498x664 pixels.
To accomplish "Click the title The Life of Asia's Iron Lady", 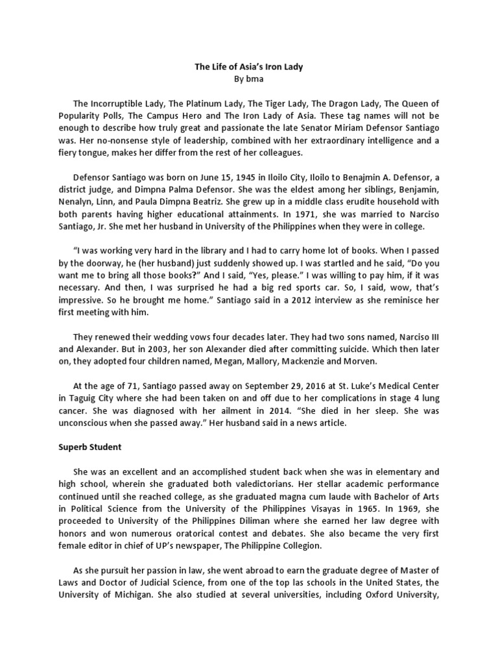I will pos(249,66).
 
